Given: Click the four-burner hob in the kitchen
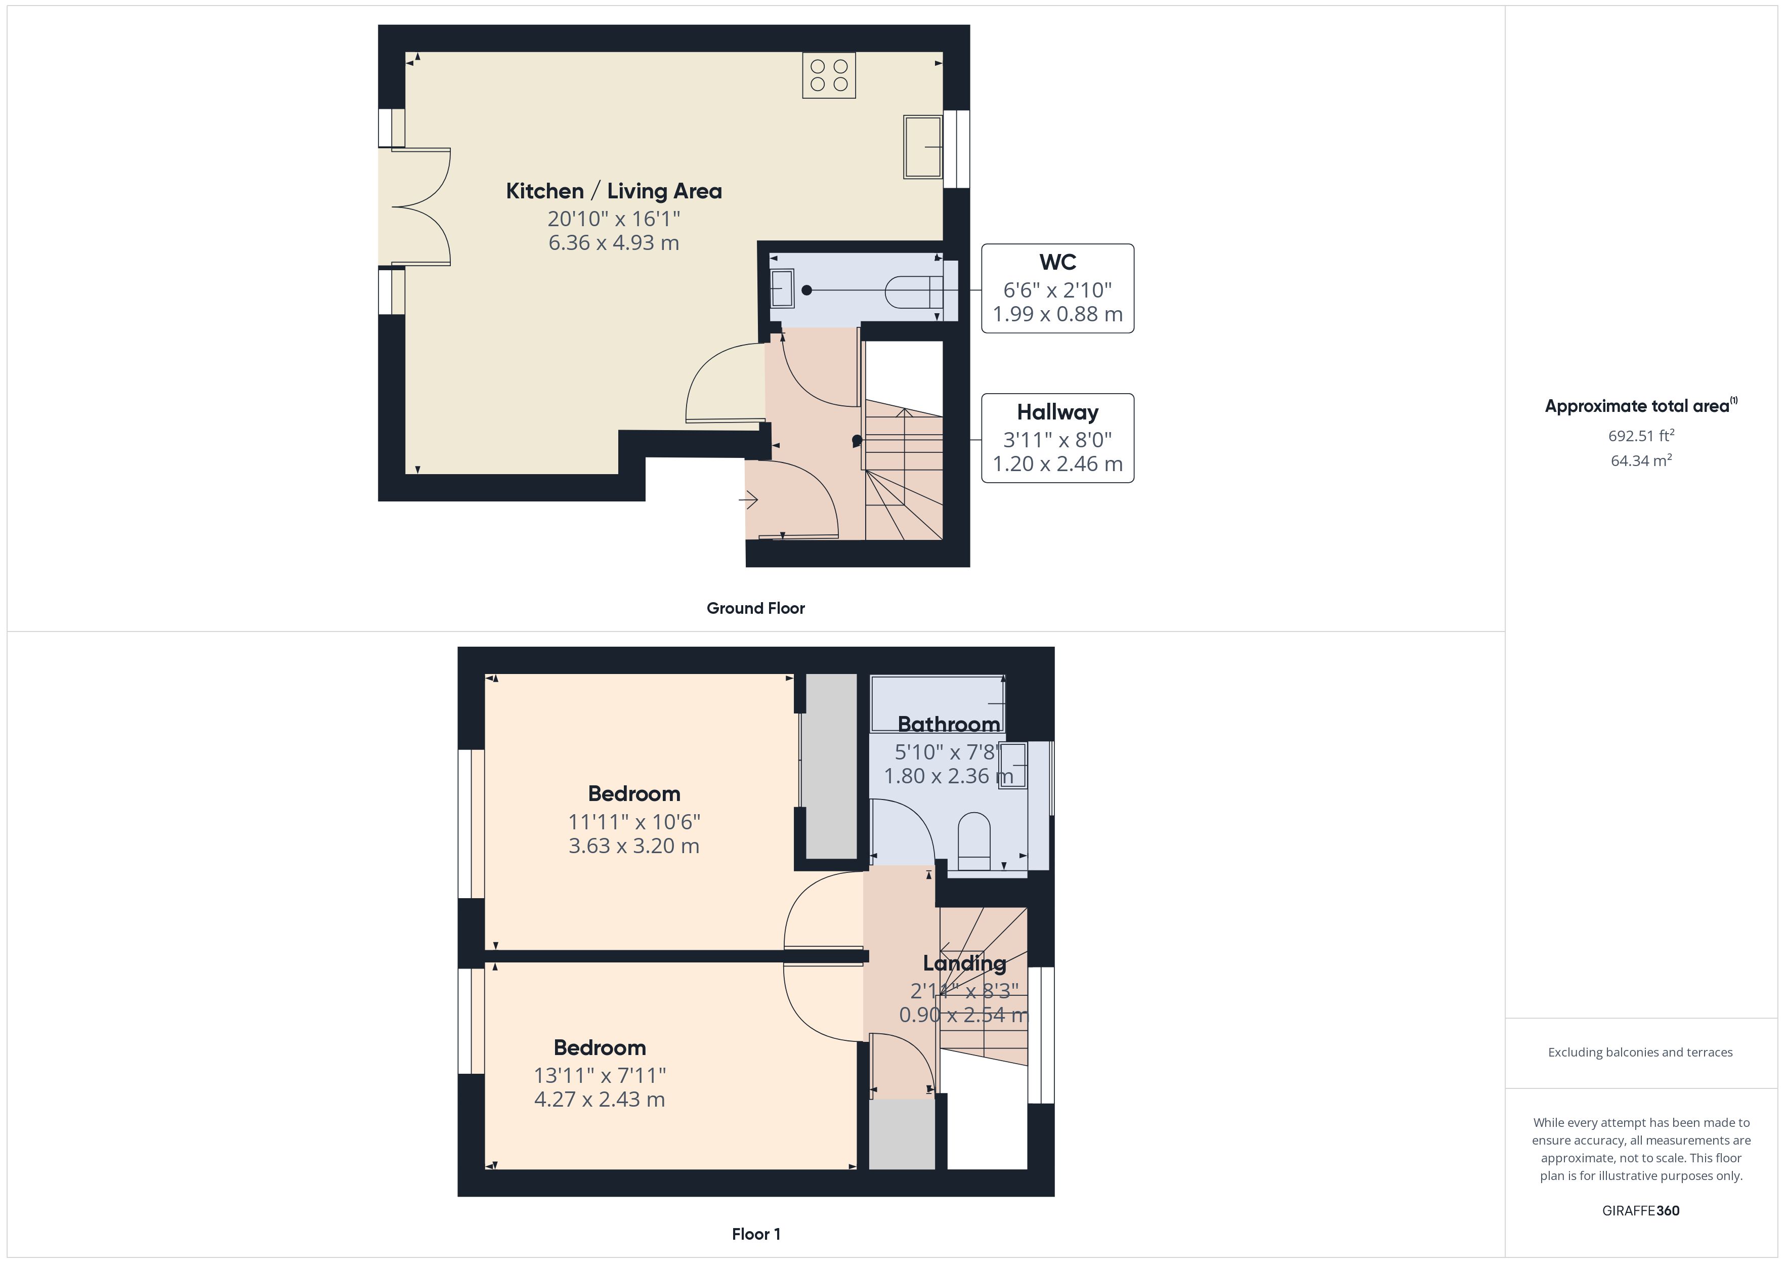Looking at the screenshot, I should point(829,75).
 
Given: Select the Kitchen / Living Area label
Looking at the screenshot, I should point(613,191).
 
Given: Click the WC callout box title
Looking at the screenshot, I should point(1057,262).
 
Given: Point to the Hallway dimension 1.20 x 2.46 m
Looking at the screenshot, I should point(1057,465).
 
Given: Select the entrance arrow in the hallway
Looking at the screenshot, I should point(749,499).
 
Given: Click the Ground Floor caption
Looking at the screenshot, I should point(755,608).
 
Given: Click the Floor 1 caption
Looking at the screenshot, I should point(756,1234).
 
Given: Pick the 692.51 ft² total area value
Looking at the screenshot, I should point(1640,436).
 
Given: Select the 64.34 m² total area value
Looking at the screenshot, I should point(1640,460).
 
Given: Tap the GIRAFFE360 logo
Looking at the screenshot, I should point(1640,1210).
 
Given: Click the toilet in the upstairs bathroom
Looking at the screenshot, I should point(974,840).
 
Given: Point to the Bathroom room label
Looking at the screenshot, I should point(949,724).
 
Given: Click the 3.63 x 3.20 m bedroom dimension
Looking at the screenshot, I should point(633,846).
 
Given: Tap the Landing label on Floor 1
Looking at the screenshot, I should point(964,963).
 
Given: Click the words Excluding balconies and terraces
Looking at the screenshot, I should point(1640,1052).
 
